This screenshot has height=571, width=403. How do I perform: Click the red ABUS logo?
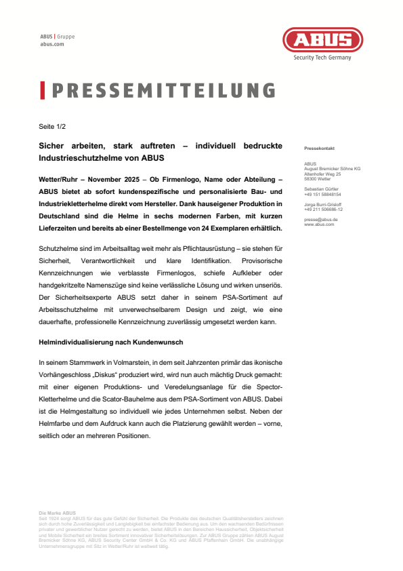[x=322, y=40]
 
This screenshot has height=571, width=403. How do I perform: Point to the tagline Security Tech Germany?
[x=322, y=58]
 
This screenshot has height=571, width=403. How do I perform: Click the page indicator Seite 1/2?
[x=51, y=126]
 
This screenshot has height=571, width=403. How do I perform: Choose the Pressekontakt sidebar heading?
[x=319, y=148]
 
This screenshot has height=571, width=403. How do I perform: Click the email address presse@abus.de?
[x=321, y=220]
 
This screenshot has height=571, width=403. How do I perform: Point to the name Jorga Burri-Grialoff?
[x=324, y=204]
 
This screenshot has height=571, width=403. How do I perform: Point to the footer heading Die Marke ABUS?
[x=58, y=513]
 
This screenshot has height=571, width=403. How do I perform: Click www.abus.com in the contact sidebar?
[x=319, y=224]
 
